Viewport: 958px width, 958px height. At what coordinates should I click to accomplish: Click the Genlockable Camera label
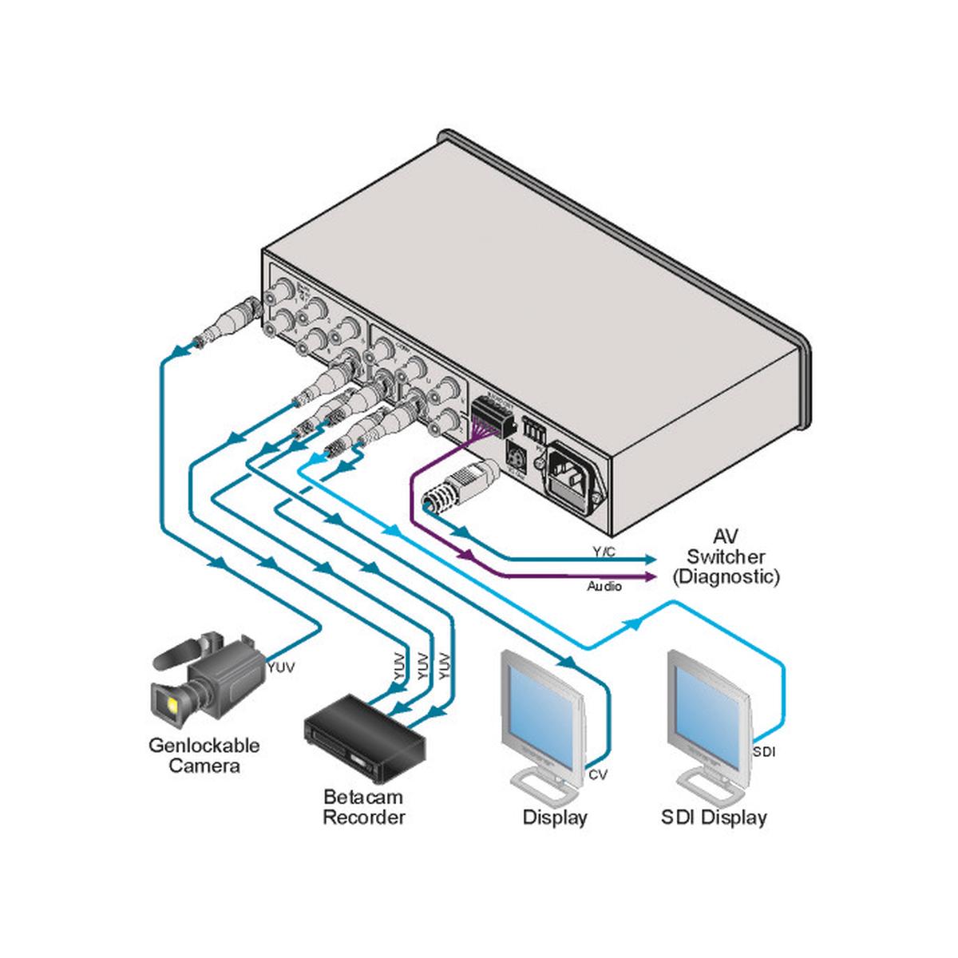point(204,756)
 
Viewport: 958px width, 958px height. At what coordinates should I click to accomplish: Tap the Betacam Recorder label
point(363,806)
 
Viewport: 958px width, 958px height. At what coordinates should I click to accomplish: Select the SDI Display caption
point(714,817)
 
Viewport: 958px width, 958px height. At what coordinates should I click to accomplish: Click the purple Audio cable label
point(604,587)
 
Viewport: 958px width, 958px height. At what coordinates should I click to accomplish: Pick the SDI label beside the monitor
point(764,751)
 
